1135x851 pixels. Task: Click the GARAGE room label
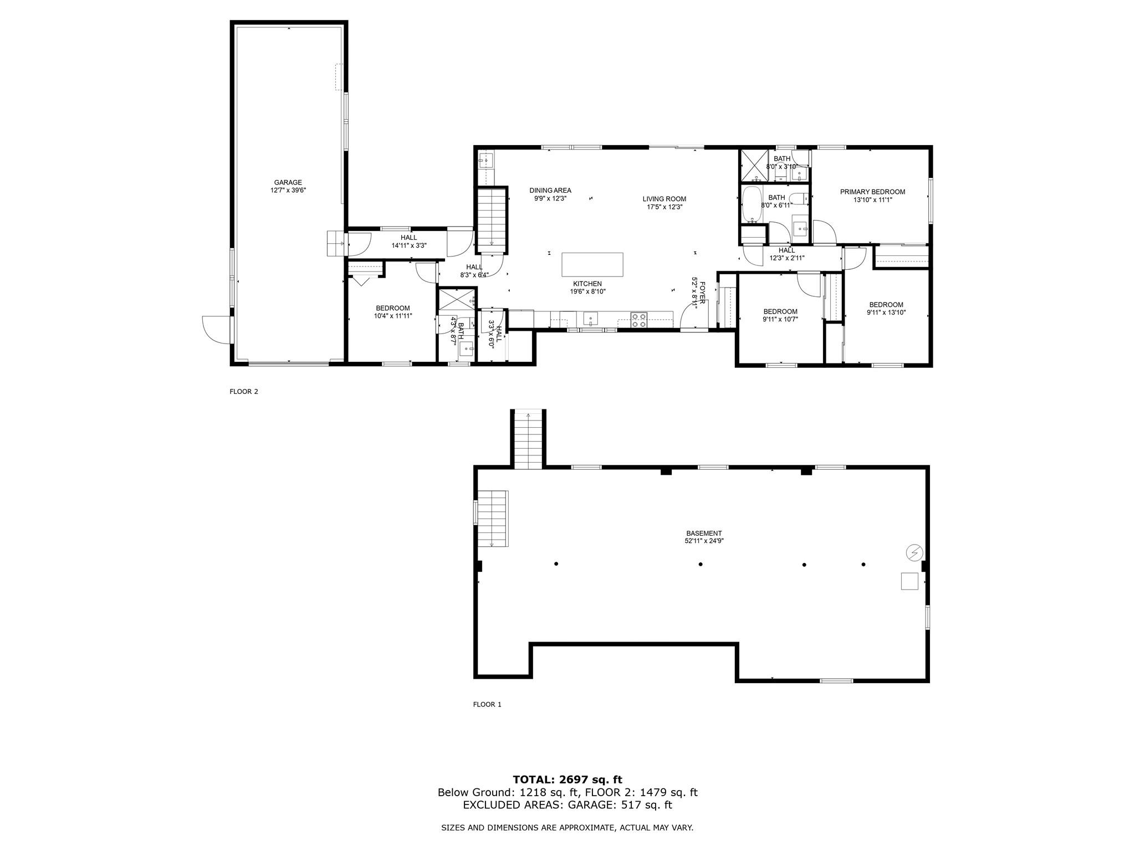click(288, 182)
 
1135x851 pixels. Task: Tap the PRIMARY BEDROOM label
click(872, 192)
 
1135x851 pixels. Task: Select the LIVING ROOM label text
click(664, 199)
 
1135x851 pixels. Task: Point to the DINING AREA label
click(550, 191)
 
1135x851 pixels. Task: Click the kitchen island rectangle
click(592, 264)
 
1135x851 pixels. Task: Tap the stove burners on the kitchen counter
click(639, 320)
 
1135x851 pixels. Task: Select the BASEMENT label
click(704, 534)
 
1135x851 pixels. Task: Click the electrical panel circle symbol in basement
click(914, 552)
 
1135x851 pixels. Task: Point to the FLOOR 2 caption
click(244, 392)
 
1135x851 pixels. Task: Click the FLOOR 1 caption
click(487, 705)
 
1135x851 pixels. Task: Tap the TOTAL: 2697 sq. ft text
click(567, 780)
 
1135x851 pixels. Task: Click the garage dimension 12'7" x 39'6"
click(288, 190)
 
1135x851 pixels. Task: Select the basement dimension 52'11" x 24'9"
click(704, 541)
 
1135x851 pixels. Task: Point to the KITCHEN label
click(587, 284)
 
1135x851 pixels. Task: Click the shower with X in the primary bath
click(754, 165)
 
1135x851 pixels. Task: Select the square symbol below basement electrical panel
click(909, 581)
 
